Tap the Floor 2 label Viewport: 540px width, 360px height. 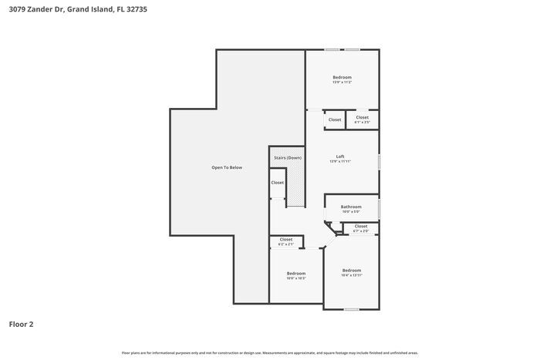21,325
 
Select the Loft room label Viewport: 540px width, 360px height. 340,156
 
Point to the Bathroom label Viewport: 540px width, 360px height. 351,207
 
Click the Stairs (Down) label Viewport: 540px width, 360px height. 287,157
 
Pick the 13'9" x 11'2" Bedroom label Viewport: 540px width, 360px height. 342,77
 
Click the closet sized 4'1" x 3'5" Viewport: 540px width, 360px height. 362,119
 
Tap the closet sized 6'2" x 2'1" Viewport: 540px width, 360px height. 285,241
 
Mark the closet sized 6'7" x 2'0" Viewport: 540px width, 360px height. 360,228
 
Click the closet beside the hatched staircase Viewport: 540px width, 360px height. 277,183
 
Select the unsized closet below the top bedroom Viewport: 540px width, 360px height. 335,119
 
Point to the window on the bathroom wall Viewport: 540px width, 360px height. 379,209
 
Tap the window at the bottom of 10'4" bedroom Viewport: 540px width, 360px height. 352,309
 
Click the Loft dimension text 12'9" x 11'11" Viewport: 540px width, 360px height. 340,162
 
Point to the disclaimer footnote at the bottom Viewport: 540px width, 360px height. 269,353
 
